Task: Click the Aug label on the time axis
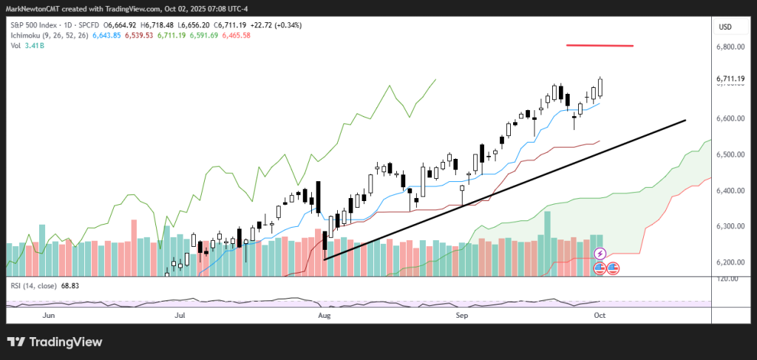click(x=324, y=315)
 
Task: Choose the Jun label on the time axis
click(x=49, y=315)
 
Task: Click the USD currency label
click(x=725, y=27)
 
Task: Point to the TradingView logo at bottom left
click(x=55, y=342)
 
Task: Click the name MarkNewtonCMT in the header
click(x=33, y=9)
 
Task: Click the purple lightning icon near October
click(x=600, y=254)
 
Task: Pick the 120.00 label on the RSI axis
click(x=728, y=279)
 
